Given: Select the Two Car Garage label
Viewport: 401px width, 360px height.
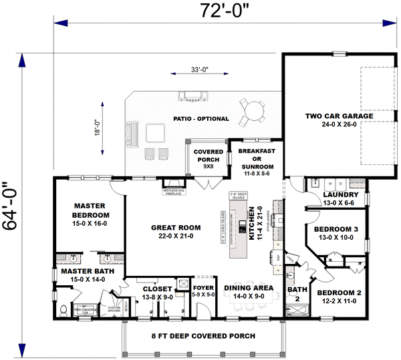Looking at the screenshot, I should [x=340, y=120].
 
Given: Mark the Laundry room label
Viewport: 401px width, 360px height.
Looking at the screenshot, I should [x=341, y=198].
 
